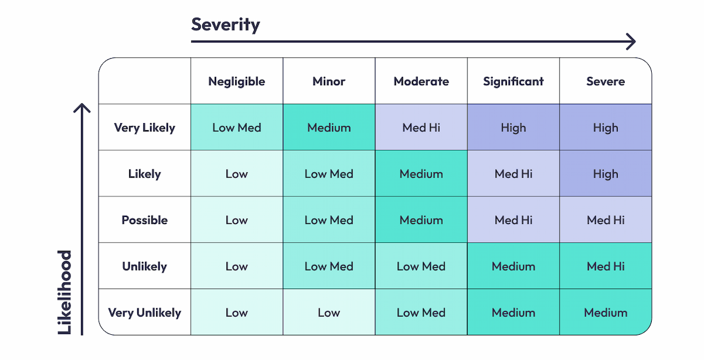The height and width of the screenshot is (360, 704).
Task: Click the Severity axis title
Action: point(225,25)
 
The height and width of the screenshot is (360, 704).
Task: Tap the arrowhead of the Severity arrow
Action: point(631,42)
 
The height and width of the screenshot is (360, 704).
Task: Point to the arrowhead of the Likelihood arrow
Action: point(82,109)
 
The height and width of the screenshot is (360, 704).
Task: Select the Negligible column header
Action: point(236,81)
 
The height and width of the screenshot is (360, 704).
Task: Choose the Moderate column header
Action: point(421,81)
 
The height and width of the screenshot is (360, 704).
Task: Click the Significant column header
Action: point(513,81)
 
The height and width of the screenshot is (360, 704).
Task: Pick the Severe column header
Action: point(605,81)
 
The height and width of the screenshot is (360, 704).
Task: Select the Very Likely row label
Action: point(144,128)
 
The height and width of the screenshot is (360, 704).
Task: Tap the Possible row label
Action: point(144,220)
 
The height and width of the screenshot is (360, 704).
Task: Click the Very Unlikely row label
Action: point(144,313)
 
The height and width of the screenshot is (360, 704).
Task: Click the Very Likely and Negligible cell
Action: point(236,128)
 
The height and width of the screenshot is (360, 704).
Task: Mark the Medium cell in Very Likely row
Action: point(329,128)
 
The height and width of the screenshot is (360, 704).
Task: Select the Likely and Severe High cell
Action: point(605,174)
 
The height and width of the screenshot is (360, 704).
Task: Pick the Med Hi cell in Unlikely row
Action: point(605,266)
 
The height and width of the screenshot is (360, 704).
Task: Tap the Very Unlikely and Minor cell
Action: point(329,313)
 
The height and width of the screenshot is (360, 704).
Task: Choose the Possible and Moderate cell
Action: point(421,220)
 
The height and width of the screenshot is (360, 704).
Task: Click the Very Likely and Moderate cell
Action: point(421,128)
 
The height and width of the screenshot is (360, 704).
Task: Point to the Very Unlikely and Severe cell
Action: point(605,313)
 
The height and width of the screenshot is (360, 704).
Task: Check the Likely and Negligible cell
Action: point(236,174)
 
